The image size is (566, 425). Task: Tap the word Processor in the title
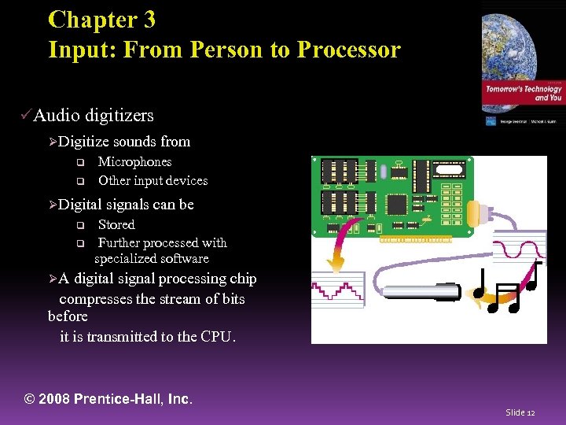(348, 50)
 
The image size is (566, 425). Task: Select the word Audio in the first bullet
(57, 116)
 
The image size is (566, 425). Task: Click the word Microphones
(134, 161)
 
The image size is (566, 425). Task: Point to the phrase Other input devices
(153, 180)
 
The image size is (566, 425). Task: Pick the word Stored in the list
(116, 224)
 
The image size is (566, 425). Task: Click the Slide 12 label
(520, 412)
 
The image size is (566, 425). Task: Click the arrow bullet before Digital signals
(53, 205)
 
